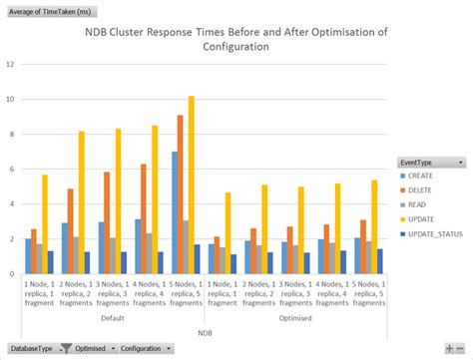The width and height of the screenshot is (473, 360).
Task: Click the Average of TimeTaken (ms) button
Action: click(46, 10)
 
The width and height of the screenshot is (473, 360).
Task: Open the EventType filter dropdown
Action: click(460, 162)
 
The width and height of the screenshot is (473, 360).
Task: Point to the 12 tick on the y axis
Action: click(9, 65)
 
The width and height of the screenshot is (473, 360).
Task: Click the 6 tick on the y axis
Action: click(10, 170)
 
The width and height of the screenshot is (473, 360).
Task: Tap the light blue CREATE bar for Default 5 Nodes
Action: click(174, 212)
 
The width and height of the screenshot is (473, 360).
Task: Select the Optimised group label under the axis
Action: click(294, 318)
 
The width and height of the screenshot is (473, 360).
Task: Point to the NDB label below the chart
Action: click(203, 331)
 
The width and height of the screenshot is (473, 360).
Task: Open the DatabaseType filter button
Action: click(32, 349)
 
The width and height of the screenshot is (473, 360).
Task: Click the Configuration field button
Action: click(144, 349)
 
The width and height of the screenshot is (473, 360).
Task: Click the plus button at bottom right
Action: click(449, 349)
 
